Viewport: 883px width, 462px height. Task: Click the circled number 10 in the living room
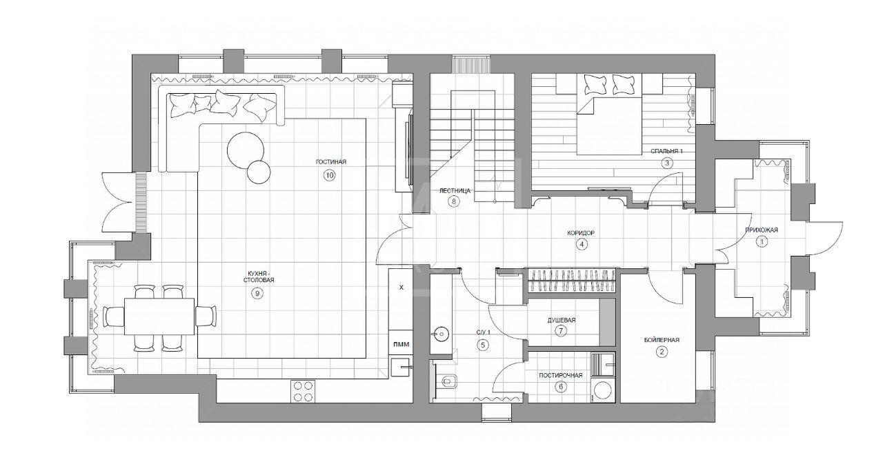[x=330, y=175]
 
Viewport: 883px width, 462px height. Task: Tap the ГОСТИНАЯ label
[x=331, y=161]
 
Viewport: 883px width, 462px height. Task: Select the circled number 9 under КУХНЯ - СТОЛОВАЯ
[x=257, y=293]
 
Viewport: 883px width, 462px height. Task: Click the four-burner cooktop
[x=303, y=391]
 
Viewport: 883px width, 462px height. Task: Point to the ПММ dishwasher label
[x=401, y=344]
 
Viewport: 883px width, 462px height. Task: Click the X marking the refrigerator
[x=401, y=288]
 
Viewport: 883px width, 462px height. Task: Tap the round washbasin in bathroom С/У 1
[x=440, y=334]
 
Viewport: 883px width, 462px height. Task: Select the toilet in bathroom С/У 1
[x=448, y=381]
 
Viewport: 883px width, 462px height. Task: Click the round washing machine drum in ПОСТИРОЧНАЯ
[x=602, y=392]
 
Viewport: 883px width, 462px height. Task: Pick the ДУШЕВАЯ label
[x=562, y=320]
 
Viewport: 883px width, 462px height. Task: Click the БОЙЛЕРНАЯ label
[x=662, y=340]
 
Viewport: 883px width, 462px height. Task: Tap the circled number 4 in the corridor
[x=582, y=244]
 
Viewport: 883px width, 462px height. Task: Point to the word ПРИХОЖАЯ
[x=762, y=230]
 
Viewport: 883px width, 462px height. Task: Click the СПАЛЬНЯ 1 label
[x=666, y=151]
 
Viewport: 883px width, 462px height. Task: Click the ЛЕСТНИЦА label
[x=455, y=191]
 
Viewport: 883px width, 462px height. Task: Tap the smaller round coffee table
[x=259, y=172]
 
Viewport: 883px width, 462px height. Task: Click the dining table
[x=159, y=316]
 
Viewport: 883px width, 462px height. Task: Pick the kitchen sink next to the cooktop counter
[x=401, y=368]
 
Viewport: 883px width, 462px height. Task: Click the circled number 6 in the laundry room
[x=561, y=387]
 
